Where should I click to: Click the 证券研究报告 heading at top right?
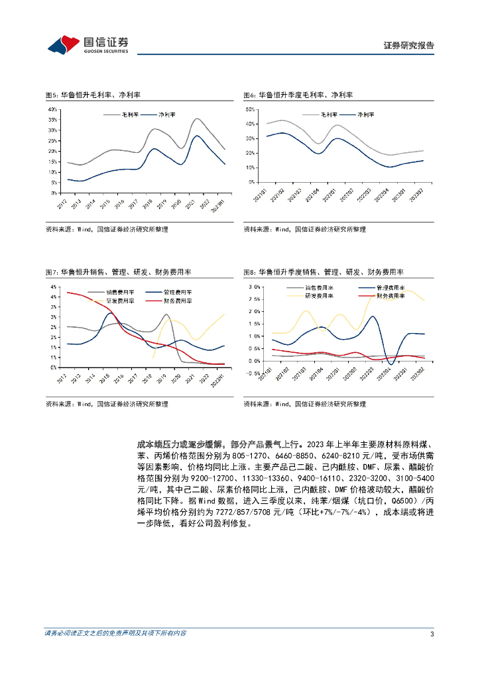click(x=409, y=46)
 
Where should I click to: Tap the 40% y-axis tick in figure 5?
click(x=53, y=109)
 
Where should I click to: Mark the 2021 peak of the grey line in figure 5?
click(x=196, y=119)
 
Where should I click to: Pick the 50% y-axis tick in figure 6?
click(x=251, y=109)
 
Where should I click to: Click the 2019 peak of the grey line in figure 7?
click(x=166, y=315)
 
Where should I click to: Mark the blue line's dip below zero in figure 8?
click(x=390, y=363)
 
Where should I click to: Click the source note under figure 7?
click(x=106, y=403)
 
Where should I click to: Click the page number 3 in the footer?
click(x=432, y=634)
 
